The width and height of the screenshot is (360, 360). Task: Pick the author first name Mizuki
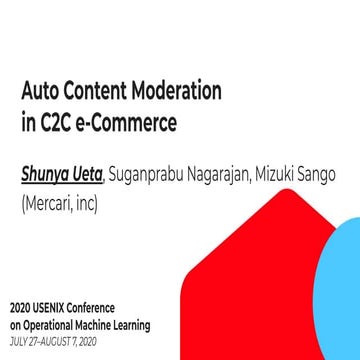coord(280,176)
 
